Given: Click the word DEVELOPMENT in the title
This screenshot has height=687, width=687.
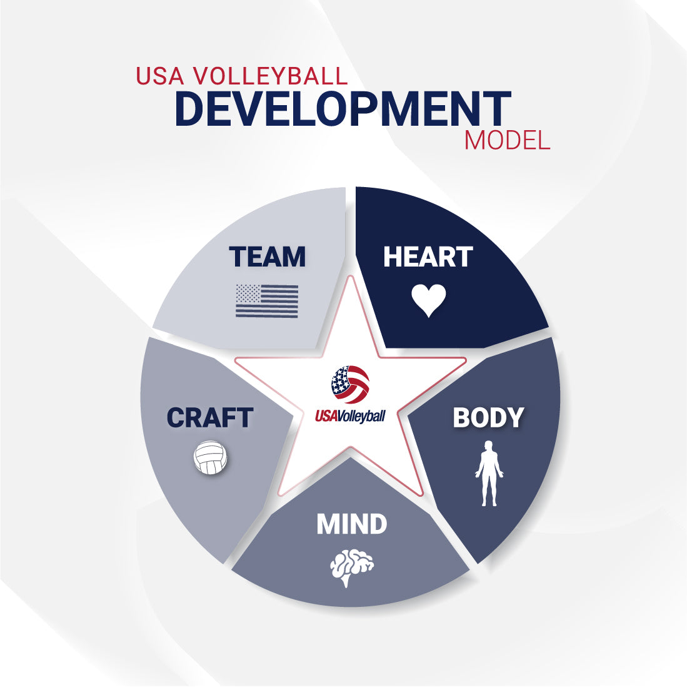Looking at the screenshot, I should [343, 109].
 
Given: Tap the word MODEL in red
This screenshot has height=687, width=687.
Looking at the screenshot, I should [506, 140].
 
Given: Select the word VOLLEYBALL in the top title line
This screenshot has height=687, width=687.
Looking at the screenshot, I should [269, 76].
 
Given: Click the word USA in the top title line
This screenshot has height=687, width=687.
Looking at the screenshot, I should [160, 76].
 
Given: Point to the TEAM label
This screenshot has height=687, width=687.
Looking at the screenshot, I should [267, 257].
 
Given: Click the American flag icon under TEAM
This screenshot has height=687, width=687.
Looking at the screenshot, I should [267, 300].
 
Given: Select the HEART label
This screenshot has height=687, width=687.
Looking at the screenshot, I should [428, 257].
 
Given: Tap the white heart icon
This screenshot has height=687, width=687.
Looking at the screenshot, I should [429, 300].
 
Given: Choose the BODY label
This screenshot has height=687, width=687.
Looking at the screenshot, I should [488, 418].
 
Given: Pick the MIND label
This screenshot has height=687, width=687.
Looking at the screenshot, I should [351, 524].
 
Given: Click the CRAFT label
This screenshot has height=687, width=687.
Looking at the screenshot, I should [209, 418].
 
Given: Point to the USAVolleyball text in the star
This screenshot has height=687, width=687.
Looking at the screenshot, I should [350, 415].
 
